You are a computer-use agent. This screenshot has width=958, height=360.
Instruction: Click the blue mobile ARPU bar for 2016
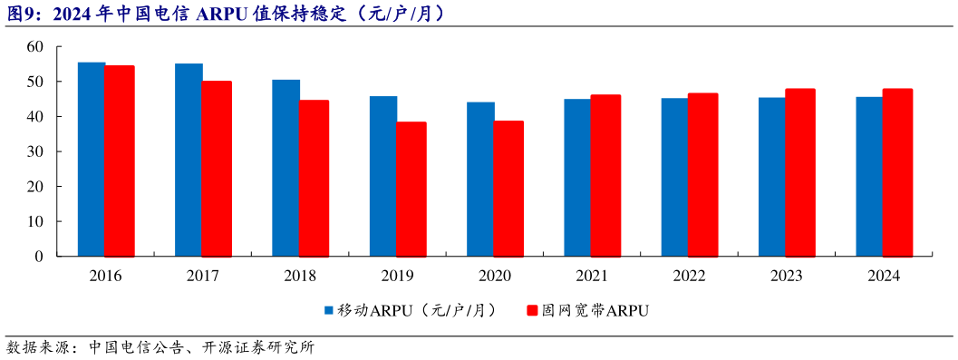[92, 160]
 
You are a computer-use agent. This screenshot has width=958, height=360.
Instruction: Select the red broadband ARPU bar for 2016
[120, 161]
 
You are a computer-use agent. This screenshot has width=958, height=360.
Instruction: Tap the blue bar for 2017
[189, 161]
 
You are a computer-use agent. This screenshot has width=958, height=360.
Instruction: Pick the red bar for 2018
[314, 179]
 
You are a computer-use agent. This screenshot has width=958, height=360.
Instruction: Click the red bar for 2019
[411, 190]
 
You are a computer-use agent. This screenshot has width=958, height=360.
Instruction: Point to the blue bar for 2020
[480, 180]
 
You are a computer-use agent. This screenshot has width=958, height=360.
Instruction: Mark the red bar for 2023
[800, 172]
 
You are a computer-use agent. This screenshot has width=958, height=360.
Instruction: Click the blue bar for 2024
[869, 177]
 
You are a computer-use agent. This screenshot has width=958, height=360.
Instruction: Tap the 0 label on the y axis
[39, 257]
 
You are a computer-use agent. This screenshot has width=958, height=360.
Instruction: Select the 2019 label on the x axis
[397, 277]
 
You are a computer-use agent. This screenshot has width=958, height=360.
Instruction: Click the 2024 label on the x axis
[883, 277]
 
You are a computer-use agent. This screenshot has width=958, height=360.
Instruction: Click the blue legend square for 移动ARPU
[330, 311]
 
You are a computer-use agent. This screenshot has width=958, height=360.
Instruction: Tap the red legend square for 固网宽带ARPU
[533, 311]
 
